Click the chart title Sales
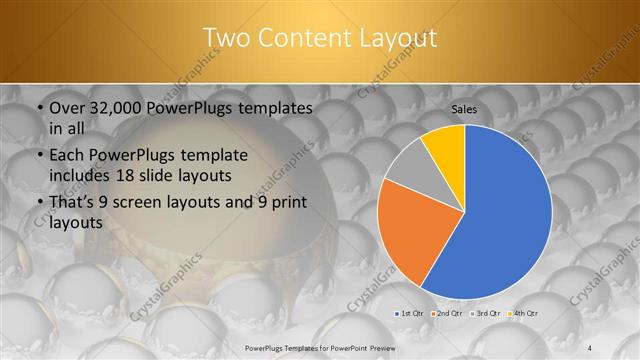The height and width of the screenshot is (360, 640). click(464, 108)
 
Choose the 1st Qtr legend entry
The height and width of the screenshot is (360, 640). click(410, 313)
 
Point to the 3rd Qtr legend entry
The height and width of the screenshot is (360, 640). click(485, 313)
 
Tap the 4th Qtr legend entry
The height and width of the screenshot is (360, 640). click(522, 313)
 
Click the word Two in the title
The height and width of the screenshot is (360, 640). click(229, 38)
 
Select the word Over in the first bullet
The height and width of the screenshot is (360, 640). click(67, 108)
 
